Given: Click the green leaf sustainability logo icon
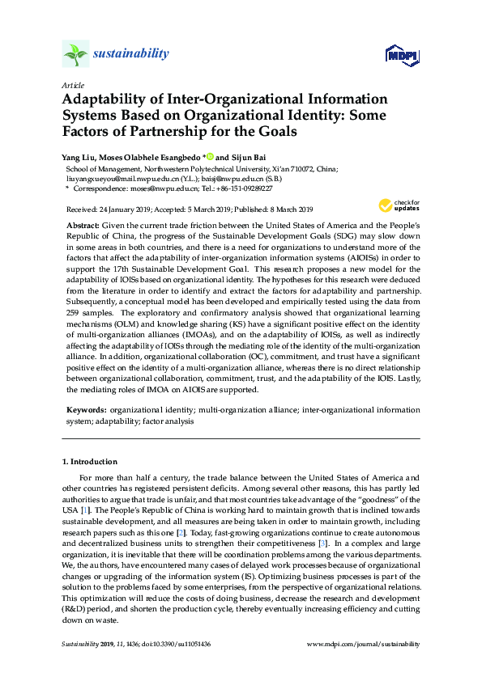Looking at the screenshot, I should (75, 54).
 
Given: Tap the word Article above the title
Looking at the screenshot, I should (72, 85).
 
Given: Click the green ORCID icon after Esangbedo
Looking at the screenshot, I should (209, 156).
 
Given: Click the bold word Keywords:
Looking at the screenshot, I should (85, 411).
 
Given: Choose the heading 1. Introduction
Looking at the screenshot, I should (90, 462).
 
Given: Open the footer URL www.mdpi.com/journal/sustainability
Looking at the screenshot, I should (365, 644).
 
